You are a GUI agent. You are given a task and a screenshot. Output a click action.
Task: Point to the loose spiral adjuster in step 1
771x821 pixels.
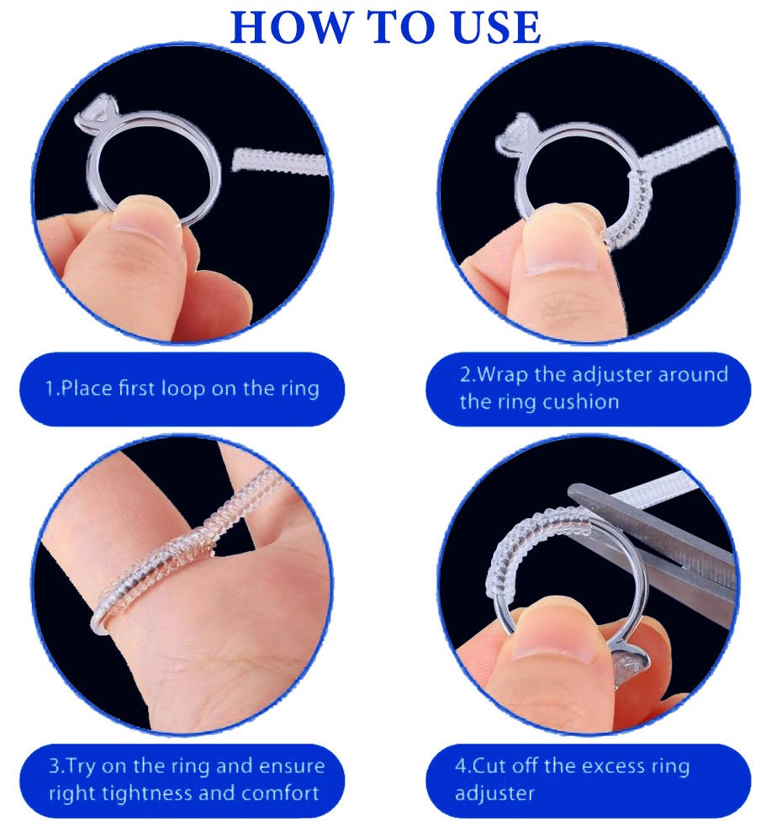coord(277,159)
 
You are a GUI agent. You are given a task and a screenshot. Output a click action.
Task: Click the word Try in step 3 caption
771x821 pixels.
coord(82,766)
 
